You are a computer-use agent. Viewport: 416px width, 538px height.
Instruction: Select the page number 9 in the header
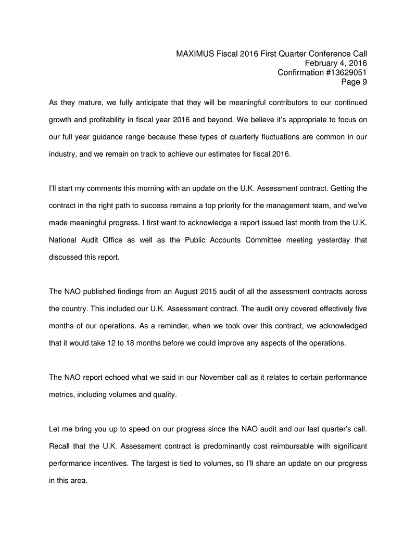click(x=365, y=82)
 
